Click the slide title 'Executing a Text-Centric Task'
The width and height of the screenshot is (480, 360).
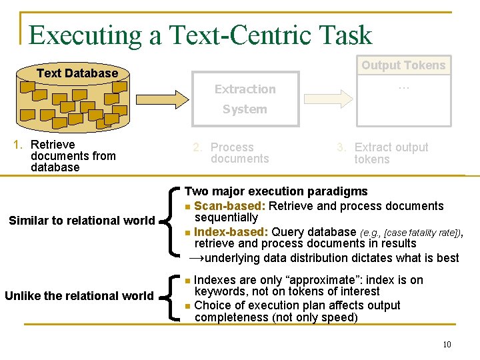tap(200, 35)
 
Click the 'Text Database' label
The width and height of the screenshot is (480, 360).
tap(77, 73)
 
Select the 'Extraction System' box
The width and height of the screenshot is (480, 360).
tap(245, 99)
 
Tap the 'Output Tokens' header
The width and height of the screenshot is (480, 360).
tap(403, 65)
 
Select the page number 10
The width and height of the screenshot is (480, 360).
tap(447, 344)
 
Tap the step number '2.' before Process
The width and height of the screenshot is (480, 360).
tap(198, 147)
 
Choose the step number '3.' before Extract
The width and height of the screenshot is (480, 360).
tap(341, 147)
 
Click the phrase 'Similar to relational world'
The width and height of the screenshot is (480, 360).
tap(82, 221)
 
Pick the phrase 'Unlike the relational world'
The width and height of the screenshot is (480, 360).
tap(79, 295)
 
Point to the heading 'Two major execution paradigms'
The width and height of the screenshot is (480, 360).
tap(276, 191)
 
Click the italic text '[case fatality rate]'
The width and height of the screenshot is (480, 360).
tap(423, 233)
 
